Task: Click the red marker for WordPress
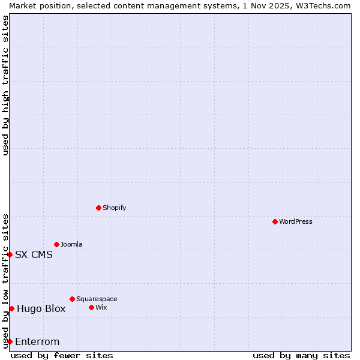(275, 221)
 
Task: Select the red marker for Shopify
(98, 208)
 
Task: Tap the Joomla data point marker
(56, 244)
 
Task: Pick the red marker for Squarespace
(72, 299)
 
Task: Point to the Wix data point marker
(91, 307)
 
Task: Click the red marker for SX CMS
(10, 254)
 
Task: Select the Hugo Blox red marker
(11, 308)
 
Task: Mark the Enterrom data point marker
(10, 341)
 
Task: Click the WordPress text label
(296, 221)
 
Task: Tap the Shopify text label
(114, 208)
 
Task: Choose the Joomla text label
(71, 244)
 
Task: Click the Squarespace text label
(97, 299)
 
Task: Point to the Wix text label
(101, 307)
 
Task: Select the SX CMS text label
(34, 254)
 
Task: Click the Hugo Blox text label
(41, 308)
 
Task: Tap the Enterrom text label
(37, 341)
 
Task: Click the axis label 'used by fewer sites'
(62, 355)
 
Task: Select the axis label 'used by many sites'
(301, 355)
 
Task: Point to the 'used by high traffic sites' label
(5, 85)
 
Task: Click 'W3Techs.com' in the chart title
(322, 5)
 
